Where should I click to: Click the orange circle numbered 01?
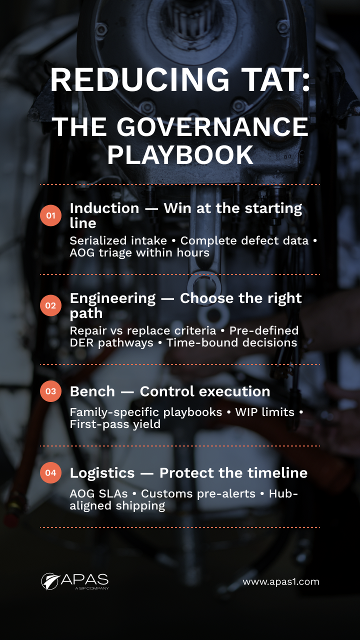(50, 215)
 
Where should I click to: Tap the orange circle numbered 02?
(50, 305)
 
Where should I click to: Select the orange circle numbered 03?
(50, 391)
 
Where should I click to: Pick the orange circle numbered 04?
(50, 472)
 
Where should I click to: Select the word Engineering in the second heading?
(113, 298)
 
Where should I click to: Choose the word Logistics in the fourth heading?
(95, 472)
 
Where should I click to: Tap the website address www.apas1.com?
(281, 581)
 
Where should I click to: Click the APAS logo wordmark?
(84, 580)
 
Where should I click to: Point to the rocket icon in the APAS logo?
(49, 581)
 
